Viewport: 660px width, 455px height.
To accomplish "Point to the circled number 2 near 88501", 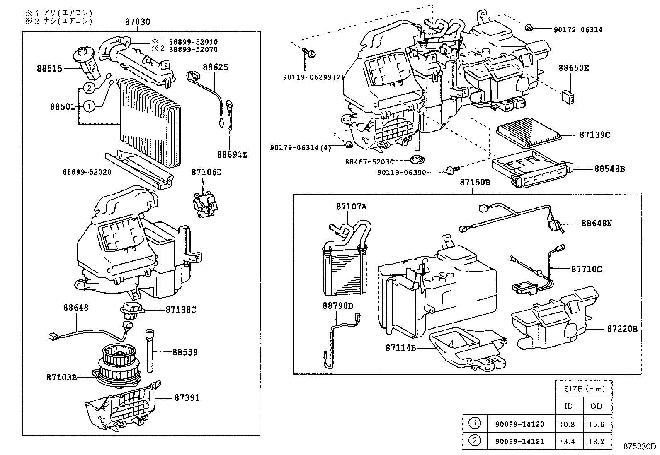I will [89, 88].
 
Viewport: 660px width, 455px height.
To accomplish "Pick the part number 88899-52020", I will [87, 172].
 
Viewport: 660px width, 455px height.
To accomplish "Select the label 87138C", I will [181, 309].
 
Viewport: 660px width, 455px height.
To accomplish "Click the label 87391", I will [187, 397].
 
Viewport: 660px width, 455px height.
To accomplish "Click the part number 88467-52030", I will [369, 162].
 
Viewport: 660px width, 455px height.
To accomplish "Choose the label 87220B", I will [622, 329].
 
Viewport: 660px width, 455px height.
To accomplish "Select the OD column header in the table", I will [596, 406].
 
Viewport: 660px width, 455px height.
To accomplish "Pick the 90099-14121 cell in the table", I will [519, 442].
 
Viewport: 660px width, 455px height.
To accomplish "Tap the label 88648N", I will [597, 223].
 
